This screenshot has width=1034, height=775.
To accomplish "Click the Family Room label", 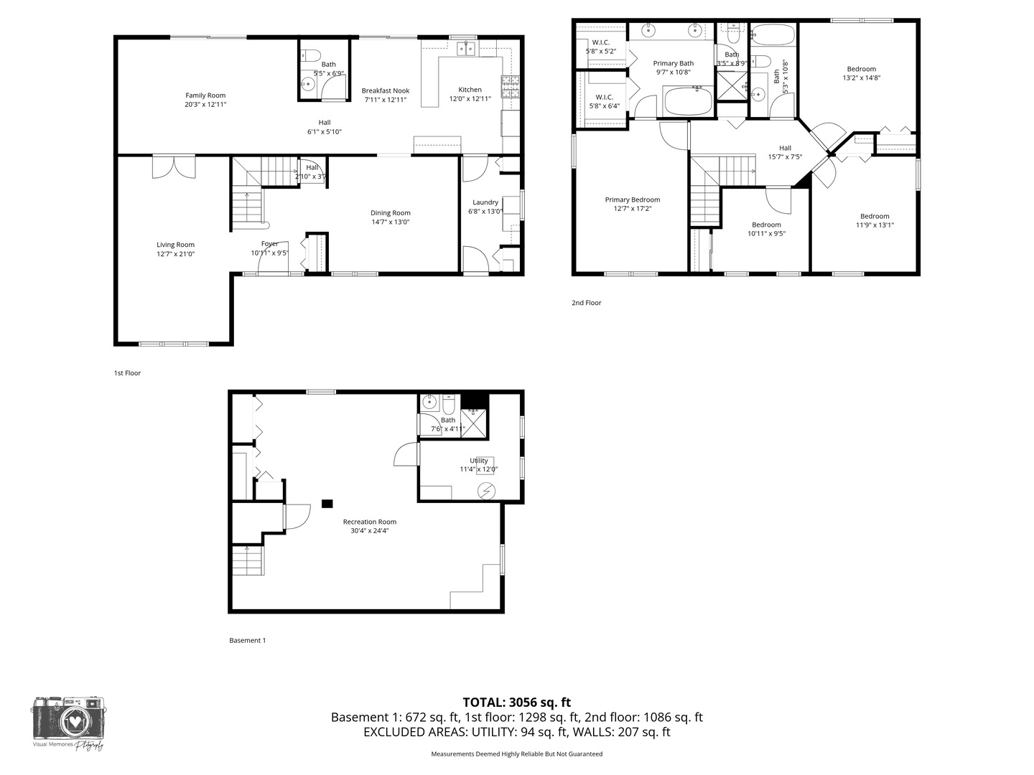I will pyautogui.click(x=205, y=95).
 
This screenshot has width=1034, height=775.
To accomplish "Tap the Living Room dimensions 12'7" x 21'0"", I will pyautogui.click(x=175, y=254).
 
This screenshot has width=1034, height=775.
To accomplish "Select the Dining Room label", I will pyautogui.click(x=391, y=212).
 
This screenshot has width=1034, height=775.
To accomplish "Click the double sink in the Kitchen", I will pyautogui.click(x=467, y=49).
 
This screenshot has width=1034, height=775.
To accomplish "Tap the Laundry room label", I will pyautogui.click(x=485, y=202).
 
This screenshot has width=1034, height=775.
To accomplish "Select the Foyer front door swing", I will pyautogui.click(x=274, y=258).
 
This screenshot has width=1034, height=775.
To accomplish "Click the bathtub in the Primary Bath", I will pyautogui.click(x=688, y=101).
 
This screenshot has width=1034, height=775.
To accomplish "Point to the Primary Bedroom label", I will pyautogui.click(x=632, y=200).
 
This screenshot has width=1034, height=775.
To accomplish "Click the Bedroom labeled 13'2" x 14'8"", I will pyautogui.click(x=861, y=70).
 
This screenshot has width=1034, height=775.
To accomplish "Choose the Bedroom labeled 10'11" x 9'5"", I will pyautogui.click(x=766, y=225).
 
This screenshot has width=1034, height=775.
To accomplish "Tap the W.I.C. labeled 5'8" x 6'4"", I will pyautogui.click(x=603, y=98).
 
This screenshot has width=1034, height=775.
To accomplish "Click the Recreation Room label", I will pyautogui.click(x=369, y=522).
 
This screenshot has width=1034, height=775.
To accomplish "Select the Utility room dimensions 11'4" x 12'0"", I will pyautogui.click(x=479, y=469).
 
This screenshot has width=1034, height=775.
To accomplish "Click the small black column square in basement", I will pyautogui.click(x=327, y=504).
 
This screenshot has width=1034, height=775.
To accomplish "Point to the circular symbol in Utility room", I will pyautogui.click(x=487, y=490).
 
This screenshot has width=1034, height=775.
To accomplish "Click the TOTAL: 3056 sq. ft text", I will pyautogui.click(x=516, y=703).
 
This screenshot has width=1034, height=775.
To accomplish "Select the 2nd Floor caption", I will pyautogui.click(x=586, y=303).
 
